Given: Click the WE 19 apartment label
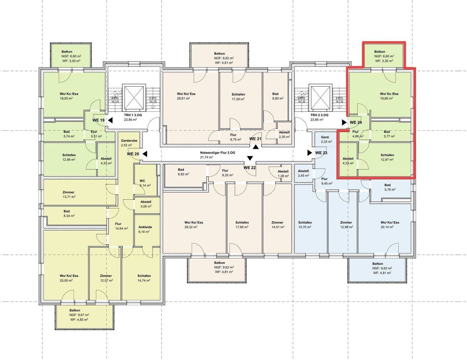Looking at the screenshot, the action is (x=99, y=120).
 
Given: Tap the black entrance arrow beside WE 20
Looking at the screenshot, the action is (x=145, y=154).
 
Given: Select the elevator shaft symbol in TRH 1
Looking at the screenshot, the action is (x=134, y=98).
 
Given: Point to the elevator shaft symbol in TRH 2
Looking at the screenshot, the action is (x=320, y=98).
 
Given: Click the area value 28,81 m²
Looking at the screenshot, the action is (x=183, y=99).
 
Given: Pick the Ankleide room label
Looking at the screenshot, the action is (x=145, y=227).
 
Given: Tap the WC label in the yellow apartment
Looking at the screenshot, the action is (x=142, y=181).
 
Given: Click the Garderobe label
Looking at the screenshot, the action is (x=129, y=141).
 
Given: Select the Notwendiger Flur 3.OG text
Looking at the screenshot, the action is (x=218, y=153).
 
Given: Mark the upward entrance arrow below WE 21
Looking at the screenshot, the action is (x=256, y=147).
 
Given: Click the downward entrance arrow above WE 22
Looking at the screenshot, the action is (x=250, y=158).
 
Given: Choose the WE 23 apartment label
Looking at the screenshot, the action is (x=321, y=153).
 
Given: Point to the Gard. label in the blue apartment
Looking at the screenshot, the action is (x=325, y=137).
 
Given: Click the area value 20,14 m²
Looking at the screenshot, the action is (x=387, y=227).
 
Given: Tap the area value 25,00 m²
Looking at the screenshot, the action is (x=66, y=280).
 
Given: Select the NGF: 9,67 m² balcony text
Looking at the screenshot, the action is (x=79, y=315).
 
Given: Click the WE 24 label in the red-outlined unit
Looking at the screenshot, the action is (x=356, y=122).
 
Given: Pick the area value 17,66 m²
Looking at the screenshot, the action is (x=242, y=227).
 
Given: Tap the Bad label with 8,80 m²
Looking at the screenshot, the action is (x=275, y=94).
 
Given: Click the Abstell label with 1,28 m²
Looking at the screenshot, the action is (x=283, y=171).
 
